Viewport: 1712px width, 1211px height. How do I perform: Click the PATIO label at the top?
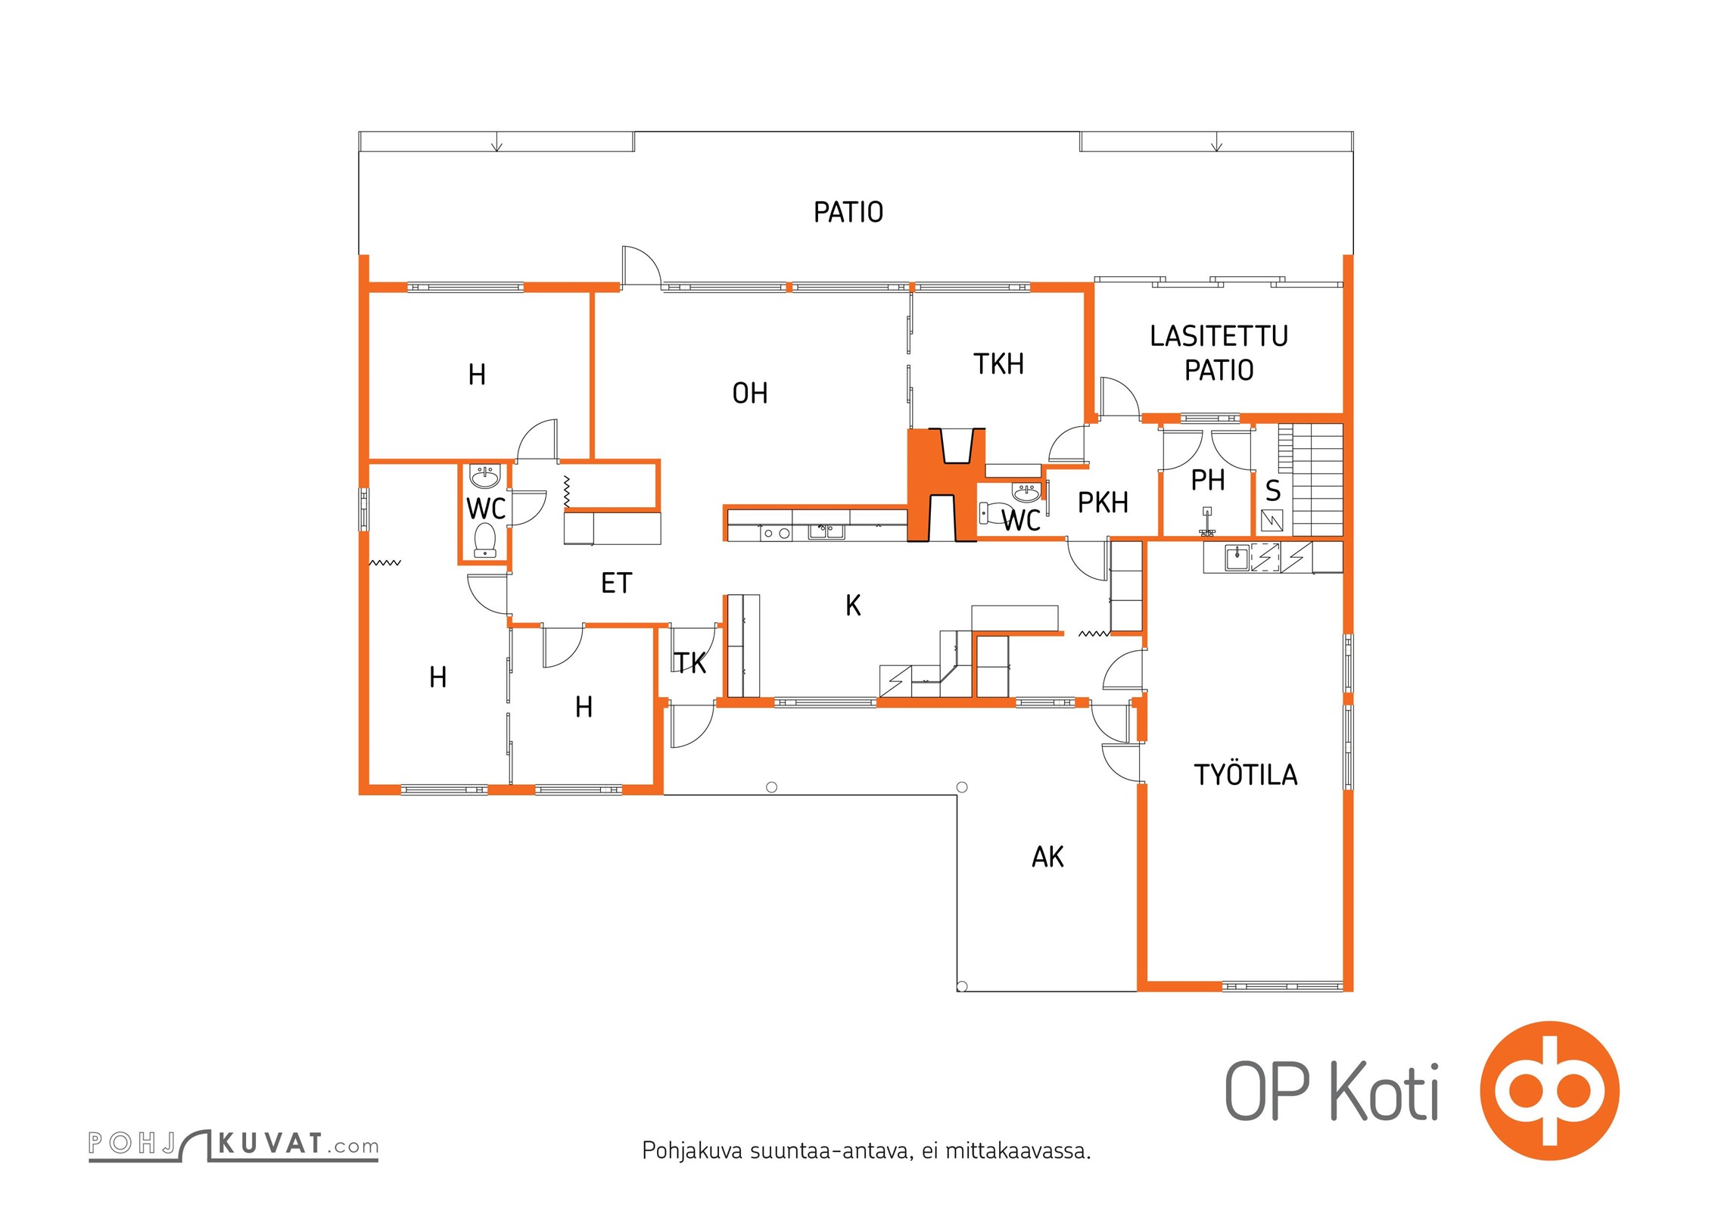point(848,213)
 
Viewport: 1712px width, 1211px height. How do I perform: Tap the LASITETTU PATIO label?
point(1219,353)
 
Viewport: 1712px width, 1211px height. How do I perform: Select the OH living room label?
point(749,394)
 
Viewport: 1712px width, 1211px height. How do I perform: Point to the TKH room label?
point(998,365)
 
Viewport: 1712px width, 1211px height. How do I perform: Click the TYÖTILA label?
point(1245,775)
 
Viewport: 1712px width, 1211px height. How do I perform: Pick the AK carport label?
point(1047,858)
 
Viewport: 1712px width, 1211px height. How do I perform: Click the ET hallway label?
point(616,584)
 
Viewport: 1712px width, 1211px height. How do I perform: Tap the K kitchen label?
point(853,605)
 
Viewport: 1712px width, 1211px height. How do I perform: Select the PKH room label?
point(1103,503)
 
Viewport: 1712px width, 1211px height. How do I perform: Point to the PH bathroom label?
point(1208,481)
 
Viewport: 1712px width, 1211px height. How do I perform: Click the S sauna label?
point(1273,492)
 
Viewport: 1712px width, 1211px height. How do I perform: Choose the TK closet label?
point(690,664)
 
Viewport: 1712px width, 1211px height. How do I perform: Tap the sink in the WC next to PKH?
point(1026,493)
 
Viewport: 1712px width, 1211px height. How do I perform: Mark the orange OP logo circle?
point(1549,1091)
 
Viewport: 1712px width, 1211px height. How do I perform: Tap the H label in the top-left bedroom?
point(477,375)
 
